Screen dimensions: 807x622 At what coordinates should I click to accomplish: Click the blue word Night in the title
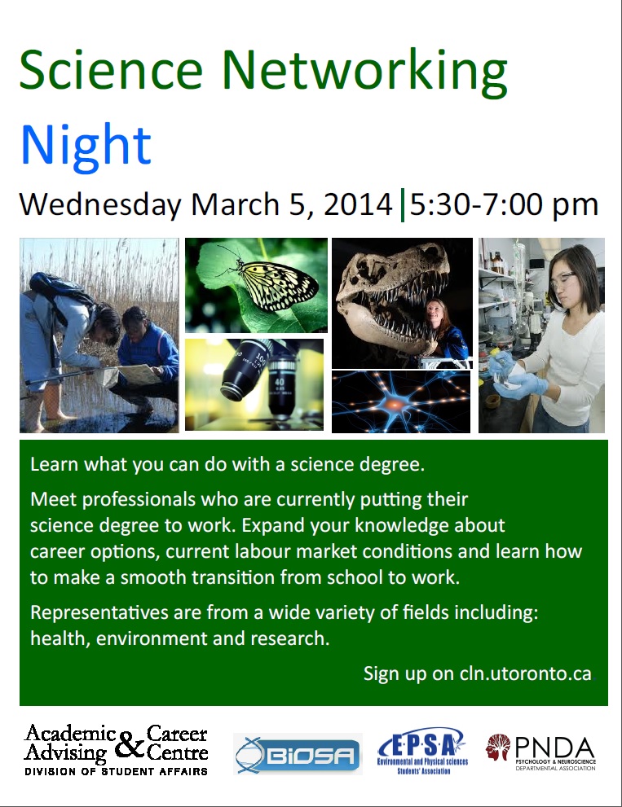tap(86, 144)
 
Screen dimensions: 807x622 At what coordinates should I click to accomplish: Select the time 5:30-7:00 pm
tap(505, 204)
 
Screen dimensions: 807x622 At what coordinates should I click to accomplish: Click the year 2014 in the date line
tap(358, 204)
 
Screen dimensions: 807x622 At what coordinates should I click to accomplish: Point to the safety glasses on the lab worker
tap(562, 278)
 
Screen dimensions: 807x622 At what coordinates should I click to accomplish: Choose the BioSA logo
tap(298, 754)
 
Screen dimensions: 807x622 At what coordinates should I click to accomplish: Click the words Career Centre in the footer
tap(177, 743)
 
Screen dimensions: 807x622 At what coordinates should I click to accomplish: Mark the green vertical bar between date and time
tap(402, 204)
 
